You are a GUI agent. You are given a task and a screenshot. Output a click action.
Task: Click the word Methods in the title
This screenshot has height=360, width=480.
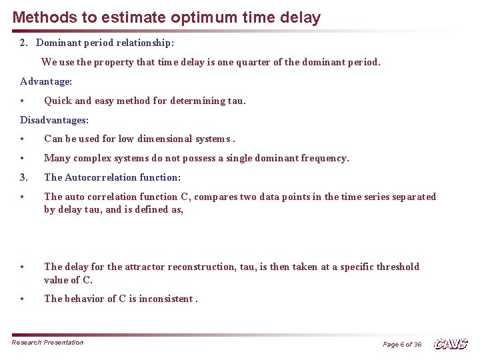click(x=41, y=17)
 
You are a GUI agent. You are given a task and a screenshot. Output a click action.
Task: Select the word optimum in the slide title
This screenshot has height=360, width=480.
click(x=175, y=17)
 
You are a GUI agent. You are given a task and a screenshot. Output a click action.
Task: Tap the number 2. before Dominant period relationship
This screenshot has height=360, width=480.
click(x=24, y=43)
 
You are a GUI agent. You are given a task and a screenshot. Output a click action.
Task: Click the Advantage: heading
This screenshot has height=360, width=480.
click(x=46, y=81)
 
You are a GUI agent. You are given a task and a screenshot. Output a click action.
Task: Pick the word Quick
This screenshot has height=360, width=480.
click(x=58, y=101)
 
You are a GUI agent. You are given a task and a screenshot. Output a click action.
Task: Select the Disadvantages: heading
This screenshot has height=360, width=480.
click(x=54, y=120)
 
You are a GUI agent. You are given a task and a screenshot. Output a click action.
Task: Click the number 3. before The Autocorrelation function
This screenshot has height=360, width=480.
click(x=24, y=177)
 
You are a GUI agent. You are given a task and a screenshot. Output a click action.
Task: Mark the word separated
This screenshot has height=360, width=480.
click(x=413, y=197)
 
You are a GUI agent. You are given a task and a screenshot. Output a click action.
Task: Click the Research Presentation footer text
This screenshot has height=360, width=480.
click(x=48, y=343)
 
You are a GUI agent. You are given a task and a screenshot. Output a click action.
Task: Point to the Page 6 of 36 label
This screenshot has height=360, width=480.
click(x=402, y=345)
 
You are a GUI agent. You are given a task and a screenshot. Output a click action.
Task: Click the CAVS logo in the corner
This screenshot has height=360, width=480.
click(x=451, y=344)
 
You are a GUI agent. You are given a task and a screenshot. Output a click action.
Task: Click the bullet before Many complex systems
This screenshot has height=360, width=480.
click(x=23, y=159)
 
